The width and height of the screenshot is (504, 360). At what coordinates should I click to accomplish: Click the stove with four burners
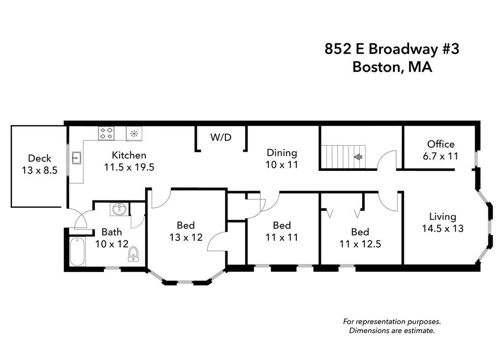click(107, 132)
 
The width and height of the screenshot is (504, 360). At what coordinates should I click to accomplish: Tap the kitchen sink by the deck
click(76, 158)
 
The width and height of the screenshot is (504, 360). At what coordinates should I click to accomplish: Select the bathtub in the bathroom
click(77, 252)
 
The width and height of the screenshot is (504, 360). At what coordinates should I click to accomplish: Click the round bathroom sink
click(119, 210)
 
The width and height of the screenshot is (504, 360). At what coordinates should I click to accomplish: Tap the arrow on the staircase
click(358, 157)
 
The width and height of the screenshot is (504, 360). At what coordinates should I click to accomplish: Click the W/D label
click(220, 137)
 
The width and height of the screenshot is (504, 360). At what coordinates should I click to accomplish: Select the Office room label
click(441, 144)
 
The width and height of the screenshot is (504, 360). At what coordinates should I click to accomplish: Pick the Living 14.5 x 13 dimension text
click(442, 228)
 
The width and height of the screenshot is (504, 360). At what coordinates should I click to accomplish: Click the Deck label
click(39, 158)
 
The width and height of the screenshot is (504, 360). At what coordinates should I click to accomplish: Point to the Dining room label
click(282, 153)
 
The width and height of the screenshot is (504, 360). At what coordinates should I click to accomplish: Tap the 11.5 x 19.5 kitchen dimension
click(129, 167)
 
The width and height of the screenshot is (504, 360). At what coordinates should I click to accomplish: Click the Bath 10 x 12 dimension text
click(112, 243)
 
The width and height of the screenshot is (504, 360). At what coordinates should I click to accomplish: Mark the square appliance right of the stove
click(133, 132)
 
